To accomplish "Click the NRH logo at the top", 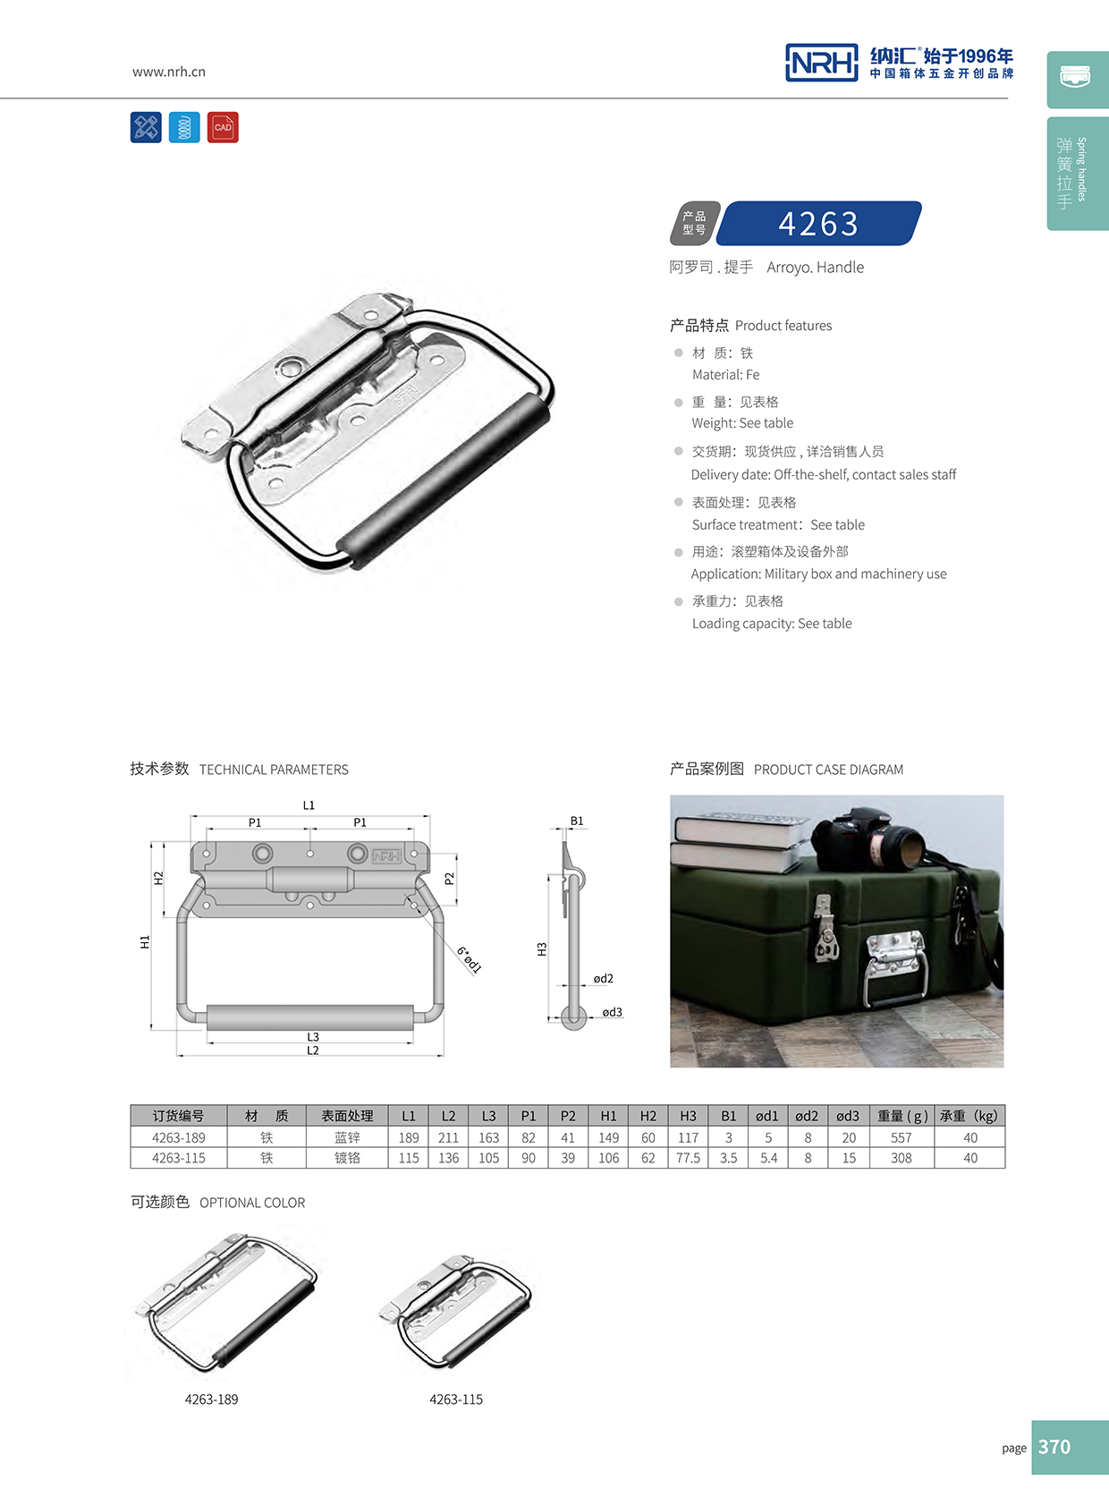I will click(x=821, y=63).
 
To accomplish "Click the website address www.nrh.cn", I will click(x=169, y=72).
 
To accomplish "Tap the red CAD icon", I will click(x=223, y=127).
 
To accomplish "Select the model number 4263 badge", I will click(x=818, y=224).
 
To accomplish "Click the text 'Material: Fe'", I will click(x=725, y=375).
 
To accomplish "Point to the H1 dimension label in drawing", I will click(x=145, y=941).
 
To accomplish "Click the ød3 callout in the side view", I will click(x=612, y=1012).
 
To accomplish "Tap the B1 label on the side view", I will click(x=577, y=821).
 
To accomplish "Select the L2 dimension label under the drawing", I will click(x=313, y=1051).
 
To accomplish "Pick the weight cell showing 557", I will click(x=901, y=1137).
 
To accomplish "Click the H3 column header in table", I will click(x=688, y=1116).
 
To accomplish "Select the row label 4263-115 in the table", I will click(x=179, y=1158).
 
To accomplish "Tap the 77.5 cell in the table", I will click(x=688, y=1158).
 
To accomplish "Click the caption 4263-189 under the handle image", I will click(x=212, y=1400).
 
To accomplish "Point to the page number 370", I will click(x=1054, y=1447).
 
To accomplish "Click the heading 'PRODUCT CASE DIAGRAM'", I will click(x=828, y=770).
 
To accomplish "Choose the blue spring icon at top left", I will click(x=184, y=127).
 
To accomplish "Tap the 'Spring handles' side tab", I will click(x=1078, y=174).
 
